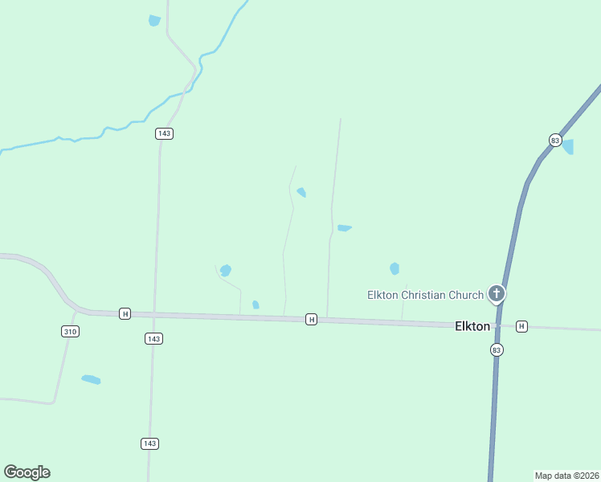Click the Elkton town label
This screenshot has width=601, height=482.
(x=472, y=326)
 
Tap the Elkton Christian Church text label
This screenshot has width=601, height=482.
(x=425, y=295)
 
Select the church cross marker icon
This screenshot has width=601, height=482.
(x=497, y=294)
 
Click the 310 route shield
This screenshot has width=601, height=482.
(x=70, y=331)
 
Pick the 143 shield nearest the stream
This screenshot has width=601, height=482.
(x=165, y=133)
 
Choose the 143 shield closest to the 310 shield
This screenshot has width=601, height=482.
(x=154, y=339)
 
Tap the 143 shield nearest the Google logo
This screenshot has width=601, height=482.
(x=150, y=443)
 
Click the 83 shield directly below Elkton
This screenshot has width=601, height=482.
(x=497, y=349)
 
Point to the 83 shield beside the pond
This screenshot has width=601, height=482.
(x=554, y=140)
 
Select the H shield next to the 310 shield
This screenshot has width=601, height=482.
(x=125, y=313)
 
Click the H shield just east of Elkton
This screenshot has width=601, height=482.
(x=522, y=326)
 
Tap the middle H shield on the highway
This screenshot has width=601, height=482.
(x=311, y=320)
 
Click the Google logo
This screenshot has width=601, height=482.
(x=27, y=472)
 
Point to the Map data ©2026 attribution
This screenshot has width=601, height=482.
(x=566, y=476)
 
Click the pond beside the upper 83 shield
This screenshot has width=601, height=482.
(x=568, y=146)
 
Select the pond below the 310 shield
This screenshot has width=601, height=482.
(x=91, y=379)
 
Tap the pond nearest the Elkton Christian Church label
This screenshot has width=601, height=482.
(x=395, y=268)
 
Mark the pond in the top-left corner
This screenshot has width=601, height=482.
(x=154, y=21)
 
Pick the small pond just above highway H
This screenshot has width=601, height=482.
(x=256, y=304)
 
